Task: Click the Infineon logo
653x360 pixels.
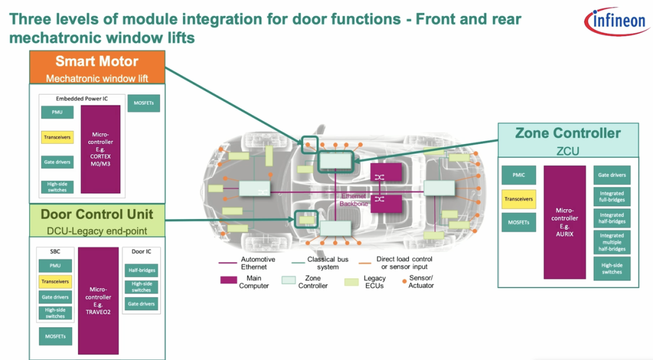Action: (615, 22)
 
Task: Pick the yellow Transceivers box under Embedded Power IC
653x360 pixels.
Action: (57, 137)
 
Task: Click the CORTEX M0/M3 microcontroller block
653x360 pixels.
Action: (100, 149)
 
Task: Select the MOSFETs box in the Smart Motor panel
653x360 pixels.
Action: (144, 103)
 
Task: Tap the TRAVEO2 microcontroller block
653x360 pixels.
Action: (98, 301)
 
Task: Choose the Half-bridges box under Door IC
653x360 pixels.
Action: (141, 270)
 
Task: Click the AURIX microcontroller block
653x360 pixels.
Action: (565, 222)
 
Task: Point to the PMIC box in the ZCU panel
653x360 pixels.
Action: (518, 175)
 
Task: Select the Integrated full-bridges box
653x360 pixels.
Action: (612, 197)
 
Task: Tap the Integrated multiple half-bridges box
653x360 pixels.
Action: (612, 242)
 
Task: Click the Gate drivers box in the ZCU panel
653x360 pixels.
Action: (612, 175)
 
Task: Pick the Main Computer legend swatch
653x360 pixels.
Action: (229, 280)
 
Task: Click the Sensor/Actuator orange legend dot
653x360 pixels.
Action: (403, 280)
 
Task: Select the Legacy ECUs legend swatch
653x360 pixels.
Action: (351, 281)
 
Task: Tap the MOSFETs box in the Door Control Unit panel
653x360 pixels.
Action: (56, 336)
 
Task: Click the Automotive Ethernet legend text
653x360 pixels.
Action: (258, 263)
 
